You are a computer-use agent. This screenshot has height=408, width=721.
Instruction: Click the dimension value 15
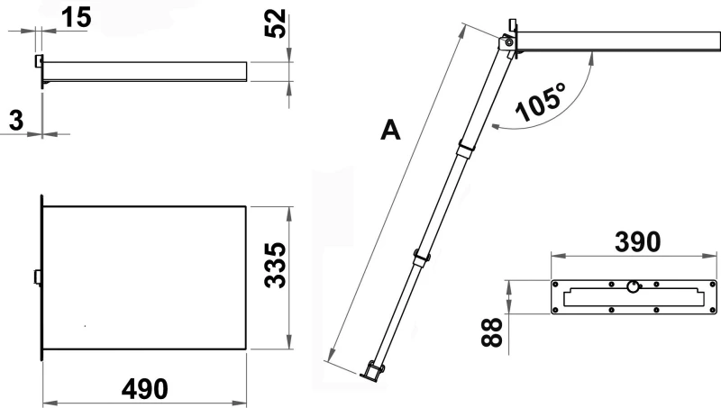click(x=77, y=18)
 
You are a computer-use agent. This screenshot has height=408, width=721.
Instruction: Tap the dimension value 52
click(x=275, y=23)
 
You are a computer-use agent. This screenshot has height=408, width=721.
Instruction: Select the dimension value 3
click(x=16, y=121)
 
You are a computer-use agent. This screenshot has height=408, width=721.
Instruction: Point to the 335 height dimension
click(x=275, y=266)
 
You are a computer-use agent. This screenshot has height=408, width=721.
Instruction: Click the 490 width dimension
click(x=145, y=389)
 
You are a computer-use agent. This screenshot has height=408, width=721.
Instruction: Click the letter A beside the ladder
click(x=390, y=130)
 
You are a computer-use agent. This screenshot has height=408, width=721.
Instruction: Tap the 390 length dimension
click(x=638, y=242)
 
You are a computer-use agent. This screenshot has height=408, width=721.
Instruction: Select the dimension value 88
click(x=491, y=331)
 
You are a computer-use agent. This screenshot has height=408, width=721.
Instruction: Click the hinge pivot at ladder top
click(x=508, y=42)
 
